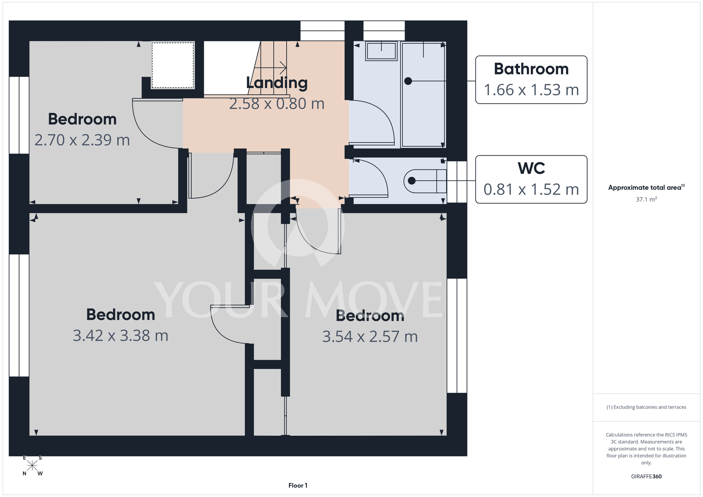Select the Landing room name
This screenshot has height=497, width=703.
277,83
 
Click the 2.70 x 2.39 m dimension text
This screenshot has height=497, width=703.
82,140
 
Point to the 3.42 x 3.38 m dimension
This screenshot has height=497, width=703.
121,336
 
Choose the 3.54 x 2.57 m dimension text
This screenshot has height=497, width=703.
370,337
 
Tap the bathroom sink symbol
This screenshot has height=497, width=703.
381,51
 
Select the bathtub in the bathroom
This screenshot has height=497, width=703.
424,94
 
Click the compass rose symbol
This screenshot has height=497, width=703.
32,466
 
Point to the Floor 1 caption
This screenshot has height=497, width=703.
298,485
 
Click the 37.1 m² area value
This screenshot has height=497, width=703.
646,199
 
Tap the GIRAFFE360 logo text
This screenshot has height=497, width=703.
646,477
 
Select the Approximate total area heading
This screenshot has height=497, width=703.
646,187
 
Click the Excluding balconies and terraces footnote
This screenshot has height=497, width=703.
646,407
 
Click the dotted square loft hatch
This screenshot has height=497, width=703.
173,65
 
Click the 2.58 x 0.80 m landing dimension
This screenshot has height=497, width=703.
277,104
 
